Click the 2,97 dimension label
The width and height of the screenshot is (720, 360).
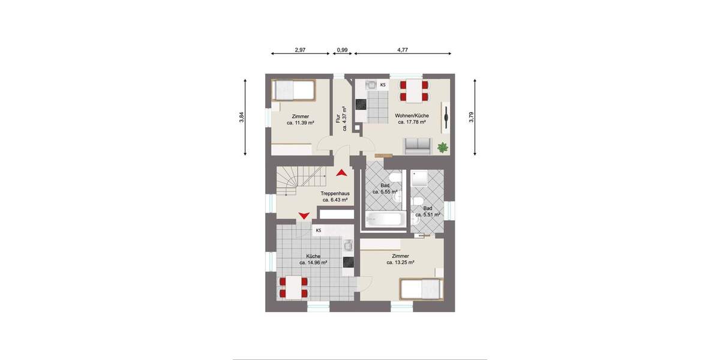tap(301, 50)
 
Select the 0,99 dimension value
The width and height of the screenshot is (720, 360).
tap(343, 50)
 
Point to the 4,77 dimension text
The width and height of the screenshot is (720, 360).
tap(403, 50)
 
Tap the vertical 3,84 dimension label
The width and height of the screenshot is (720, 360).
tap(241, 118)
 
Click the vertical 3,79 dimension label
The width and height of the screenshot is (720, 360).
tap(472, 118)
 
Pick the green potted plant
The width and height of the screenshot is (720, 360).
tap(443, 146)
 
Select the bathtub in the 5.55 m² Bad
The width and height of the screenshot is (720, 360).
tap(384, 220)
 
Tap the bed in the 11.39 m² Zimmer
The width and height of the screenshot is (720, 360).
tap(292, 91)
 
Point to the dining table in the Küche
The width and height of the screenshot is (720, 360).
tap(293, 287)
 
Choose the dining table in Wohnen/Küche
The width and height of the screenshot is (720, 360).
tap(414, 91)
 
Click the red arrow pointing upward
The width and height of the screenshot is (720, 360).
tap(341, 173)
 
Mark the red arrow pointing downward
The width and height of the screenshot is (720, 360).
tap(304, 215)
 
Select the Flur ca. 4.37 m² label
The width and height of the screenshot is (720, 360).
tap(341, 122)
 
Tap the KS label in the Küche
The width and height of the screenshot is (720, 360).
tap(319, 230)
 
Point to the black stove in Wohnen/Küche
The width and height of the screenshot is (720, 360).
tap(361, 104)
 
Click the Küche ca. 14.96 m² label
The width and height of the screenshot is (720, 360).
tap(313, 259)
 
